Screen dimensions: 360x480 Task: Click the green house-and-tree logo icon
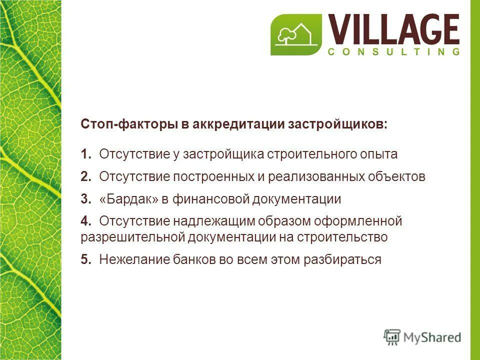tap(296, 34)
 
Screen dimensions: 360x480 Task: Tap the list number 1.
tap(85, 154)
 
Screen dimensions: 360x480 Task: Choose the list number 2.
tap(85, 176)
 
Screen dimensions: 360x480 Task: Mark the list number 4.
tap(85, 220)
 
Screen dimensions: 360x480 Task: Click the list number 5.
tap(85, 259)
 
